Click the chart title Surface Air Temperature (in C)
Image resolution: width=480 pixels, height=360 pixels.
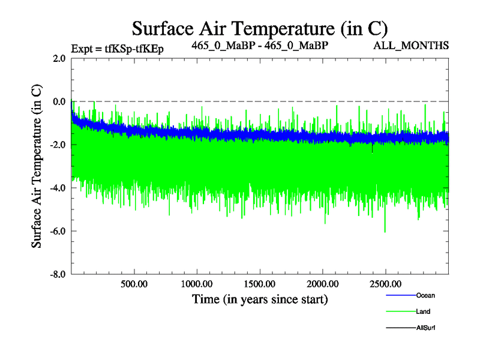click(x=260, y=28)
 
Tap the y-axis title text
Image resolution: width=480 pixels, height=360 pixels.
click(x=37, y=166)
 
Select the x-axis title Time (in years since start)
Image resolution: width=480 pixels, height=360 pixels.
click(x=260, y=298)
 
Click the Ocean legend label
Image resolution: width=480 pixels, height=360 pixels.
click(x=425, y=295)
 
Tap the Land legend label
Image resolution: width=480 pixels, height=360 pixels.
click(x=423, y=311)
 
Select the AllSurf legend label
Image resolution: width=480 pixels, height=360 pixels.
click(x=425, y=328)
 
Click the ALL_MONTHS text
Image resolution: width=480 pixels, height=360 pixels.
click(x=411, y=46)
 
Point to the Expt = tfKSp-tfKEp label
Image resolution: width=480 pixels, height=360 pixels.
click(x=117, y=49)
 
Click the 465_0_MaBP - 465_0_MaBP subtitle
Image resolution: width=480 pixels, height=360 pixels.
click(x=260, y=46)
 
